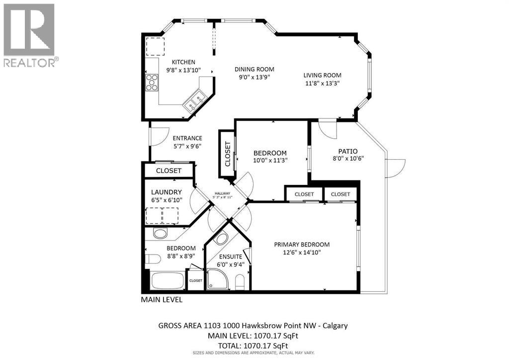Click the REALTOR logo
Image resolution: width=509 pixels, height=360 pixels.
pos(29,35)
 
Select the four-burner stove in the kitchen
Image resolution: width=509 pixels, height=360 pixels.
pos(151,83)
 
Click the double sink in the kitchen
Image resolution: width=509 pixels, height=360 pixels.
pos(194,102)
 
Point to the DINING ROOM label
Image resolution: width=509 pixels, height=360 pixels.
pos(254,69)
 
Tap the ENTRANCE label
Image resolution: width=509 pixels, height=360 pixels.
pos(187,138)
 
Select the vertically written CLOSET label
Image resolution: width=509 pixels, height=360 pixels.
pos(228,154)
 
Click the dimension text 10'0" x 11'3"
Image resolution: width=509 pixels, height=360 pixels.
pos(270,160)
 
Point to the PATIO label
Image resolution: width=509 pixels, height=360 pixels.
pos(348,151)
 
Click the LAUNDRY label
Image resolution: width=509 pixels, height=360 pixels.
pos(167,192)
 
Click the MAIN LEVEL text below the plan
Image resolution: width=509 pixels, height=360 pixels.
pos(162,300)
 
